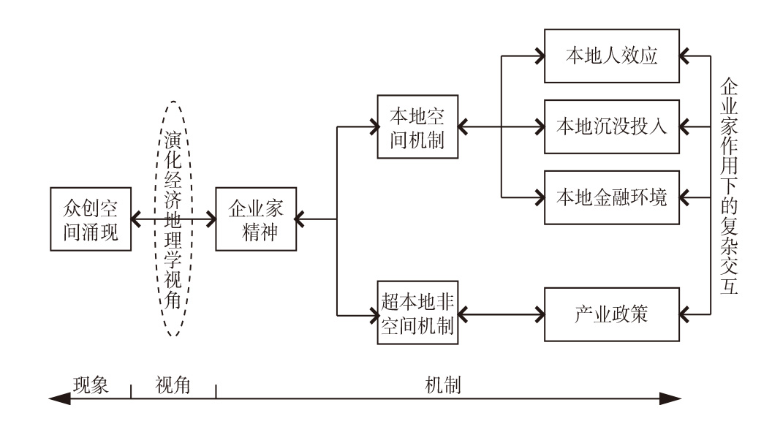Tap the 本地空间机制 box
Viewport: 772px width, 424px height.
tap(418, 126)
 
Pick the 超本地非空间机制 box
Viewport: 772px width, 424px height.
tap(419, 312)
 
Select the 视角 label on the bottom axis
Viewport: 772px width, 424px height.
tap(173, 384)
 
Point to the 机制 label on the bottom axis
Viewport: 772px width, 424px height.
tap(443, 384)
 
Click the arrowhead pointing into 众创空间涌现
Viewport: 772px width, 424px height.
tap(135, 219)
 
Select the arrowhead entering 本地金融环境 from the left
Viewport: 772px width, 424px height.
tap(540, 196)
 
